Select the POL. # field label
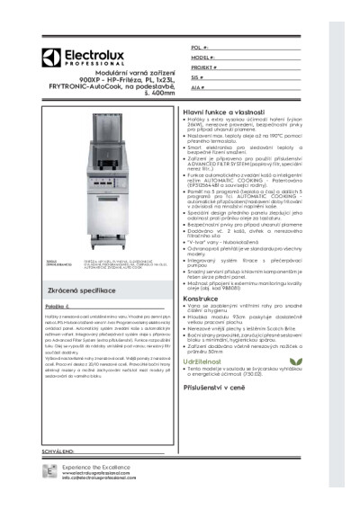200,45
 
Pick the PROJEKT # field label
204,67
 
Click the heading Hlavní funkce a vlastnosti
229,109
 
